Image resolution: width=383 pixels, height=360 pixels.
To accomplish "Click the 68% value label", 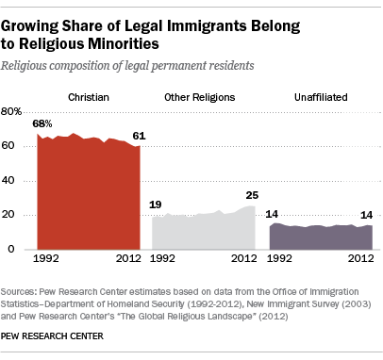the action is point(42,123).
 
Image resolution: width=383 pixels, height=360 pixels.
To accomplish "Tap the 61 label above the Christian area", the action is point(139,136).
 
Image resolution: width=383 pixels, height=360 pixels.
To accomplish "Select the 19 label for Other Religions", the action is point(156,205).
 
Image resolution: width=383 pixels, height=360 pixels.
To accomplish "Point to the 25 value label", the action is point(252,195).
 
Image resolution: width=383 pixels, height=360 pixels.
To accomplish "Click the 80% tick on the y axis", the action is point(11,111).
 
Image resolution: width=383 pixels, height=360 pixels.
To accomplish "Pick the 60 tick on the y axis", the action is point(8,146).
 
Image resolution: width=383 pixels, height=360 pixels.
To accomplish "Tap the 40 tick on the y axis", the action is point(8,180).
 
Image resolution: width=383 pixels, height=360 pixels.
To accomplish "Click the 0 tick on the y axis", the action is point(11,249).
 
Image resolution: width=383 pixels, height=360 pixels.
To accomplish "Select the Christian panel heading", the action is point(89,97).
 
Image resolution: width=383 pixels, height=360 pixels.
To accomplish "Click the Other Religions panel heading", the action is point(200,97).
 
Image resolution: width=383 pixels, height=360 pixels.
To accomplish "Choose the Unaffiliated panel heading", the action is point(321,97).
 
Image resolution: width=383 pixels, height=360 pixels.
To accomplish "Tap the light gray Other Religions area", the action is point(204,231).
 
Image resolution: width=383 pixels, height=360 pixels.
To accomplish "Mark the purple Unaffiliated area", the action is point(321,237).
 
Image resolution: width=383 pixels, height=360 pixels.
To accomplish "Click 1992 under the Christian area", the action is point(46,258).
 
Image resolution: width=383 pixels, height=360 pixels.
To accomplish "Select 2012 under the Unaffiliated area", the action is point(360,258).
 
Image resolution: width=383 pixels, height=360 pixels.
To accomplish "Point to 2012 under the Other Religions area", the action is point(244,258).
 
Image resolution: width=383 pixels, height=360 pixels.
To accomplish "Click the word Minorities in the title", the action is point(124,43).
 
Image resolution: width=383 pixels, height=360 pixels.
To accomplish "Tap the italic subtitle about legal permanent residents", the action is point(127,66).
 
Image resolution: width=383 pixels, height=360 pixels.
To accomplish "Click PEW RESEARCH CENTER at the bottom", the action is point(52,336).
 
